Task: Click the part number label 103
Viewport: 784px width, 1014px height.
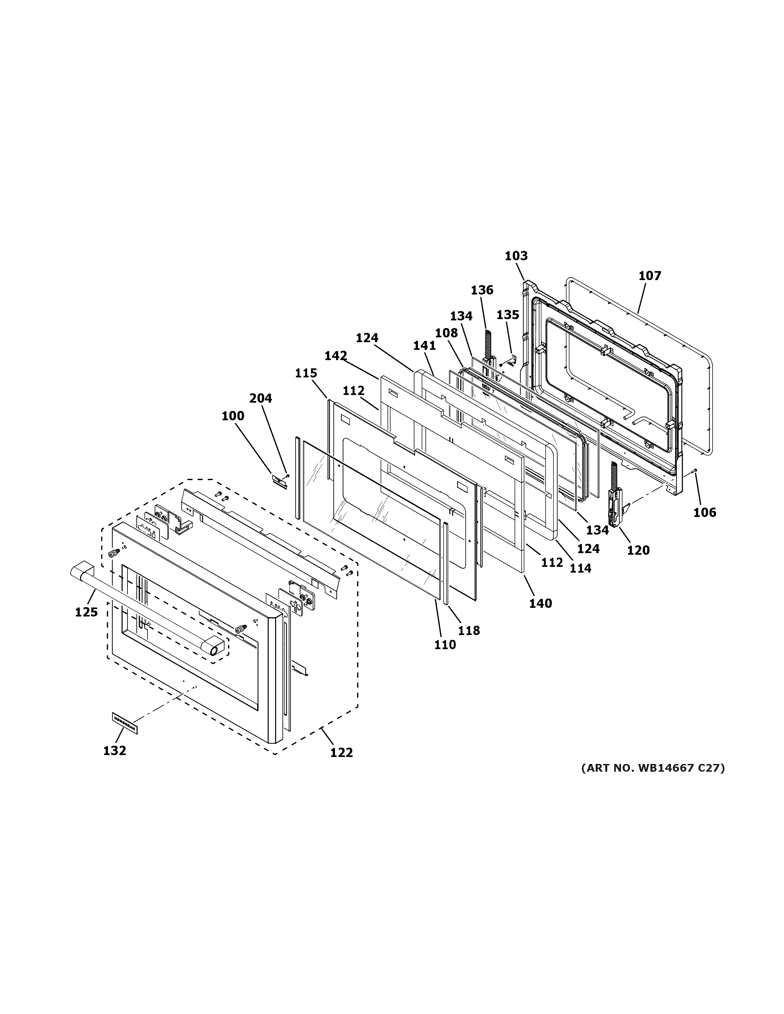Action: (516, 256)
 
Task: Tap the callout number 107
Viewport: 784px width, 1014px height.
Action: (649, 276)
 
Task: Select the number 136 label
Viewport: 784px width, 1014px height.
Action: (482, 290)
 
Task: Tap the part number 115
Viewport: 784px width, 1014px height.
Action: (306, 373)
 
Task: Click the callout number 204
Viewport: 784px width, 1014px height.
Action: (261, 398)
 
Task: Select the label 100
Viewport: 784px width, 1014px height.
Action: (233, 416)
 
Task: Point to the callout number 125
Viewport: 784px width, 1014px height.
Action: (86, 612)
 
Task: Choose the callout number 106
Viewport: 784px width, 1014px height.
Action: (705, 512)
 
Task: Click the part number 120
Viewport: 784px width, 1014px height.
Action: (638, 550)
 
